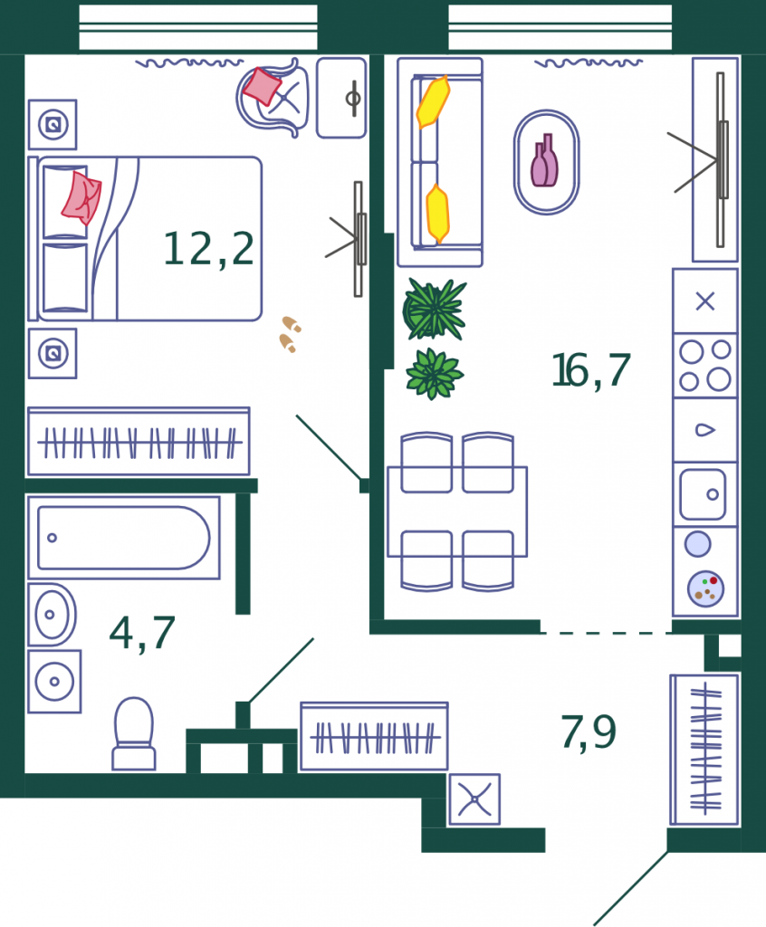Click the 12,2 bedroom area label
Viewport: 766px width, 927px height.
pos(209,249)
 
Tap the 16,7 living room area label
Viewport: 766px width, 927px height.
pos(591,370)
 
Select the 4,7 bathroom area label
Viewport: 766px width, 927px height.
pos(142,633)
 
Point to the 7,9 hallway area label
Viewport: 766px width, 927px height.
pos(588,731)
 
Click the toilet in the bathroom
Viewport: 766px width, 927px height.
pos(134,733)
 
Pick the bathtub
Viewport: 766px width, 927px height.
pos(124,538)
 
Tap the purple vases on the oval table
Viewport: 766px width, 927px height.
pos(544,160)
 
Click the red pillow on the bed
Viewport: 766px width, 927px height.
pos(81,197)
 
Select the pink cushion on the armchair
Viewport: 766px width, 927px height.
pos(262,86)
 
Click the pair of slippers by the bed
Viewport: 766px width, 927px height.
pos(290,334)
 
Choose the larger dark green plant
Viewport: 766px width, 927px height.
pos(435,310)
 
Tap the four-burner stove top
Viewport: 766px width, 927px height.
pos(705,366)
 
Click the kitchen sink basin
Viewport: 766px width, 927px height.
pos(702,494)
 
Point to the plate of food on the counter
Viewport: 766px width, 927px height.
pos(705,588)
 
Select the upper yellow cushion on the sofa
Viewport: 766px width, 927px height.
pos(433,101)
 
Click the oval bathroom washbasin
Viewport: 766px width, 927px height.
pos(52,615)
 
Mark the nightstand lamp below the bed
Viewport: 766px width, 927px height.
pos(53,354)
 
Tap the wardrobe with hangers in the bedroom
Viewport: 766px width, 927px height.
pos(139,442)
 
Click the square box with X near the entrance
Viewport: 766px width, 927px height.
pos(474,799)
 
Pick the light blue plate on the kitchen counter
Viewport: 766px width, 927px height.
pos(698,544)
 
